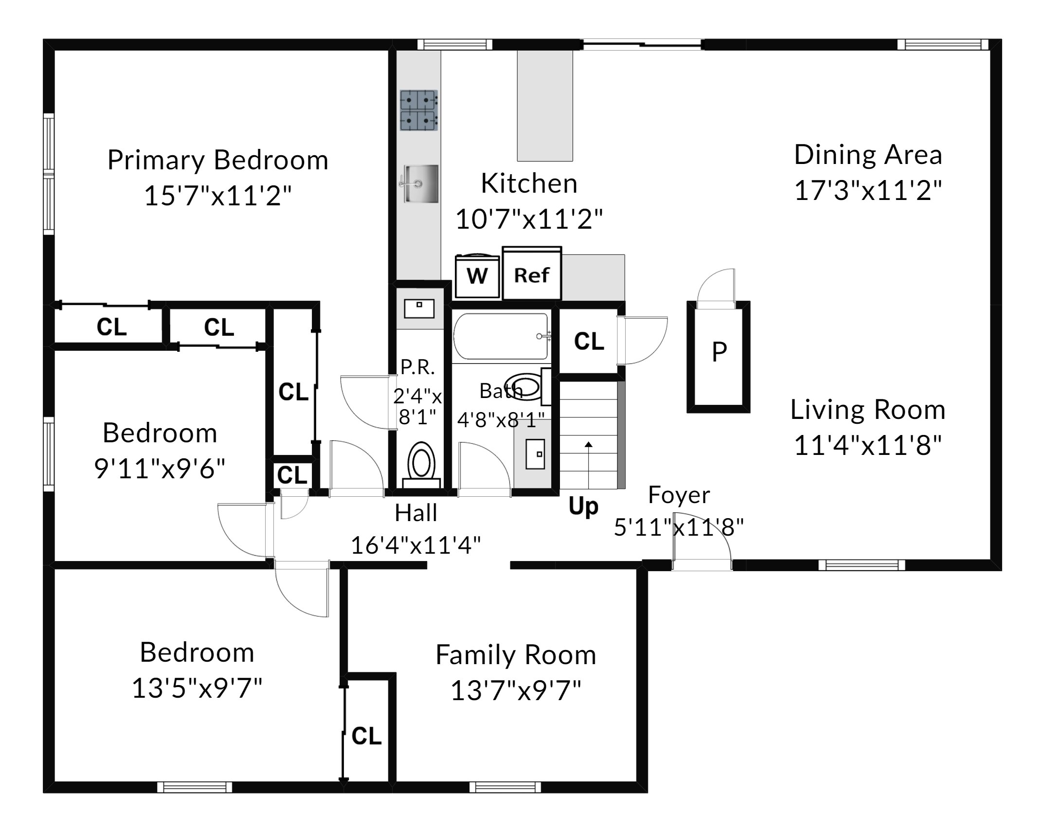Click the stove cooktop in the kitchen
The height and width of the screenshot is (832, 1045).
tap(419, 110)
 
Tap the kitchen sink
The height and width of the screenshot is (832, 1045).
tap(421, 183)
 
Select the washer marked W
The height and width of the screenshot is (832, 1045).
tap(477, 276)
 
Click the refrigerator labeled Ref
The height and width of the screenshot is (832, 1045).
tap(532, 273)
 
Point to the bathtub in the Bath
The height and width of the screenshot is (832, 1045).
tap(501, 336)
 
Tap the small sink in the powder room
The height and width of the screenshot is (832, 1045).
tap(419, 308)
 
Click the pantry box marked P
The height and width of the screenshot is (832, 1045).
tap(719, 357)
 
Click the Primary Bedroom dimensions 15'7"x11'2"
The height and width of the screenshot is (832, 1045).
tap(217, 196)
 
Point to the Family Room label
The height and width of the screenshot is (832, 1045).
tap(516, 654)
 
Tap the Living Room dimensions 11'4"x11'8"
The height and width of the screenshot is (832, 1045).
tap(868, 445)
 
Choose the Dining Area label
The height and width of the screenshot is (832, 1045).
tap(868, 155)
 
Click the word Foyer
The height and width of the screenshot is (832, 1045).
tap(679, 495)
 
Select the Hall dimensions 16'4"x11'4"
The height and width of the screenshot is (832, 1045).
tap(416, 545)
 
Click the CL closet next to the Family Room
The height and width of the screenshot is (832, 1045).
tap(366, 736)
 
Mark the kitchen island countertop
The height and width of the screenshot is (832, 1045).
tap(545, 106)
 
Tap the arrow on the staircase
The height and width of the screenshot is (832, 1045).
tap(589, 465)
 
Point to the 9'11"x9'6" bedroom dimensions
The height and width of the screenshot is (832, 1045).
tap(160, 469)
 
